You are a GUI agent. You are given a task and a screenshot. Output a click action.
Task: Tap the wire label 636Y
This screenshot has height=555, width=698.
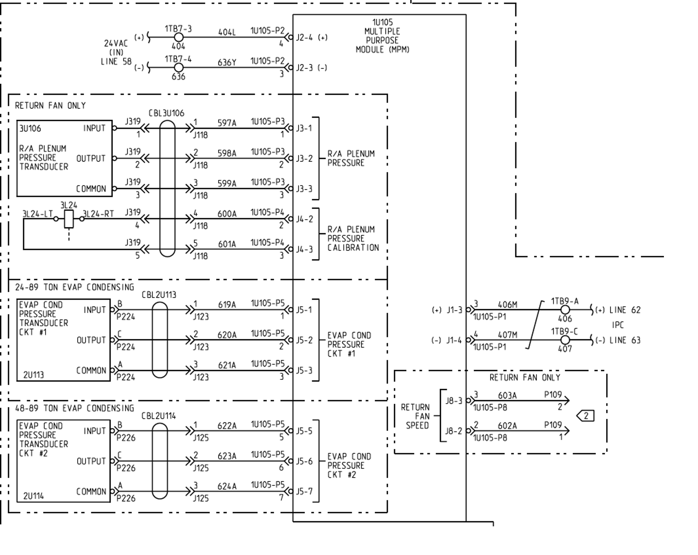tap(227, 62)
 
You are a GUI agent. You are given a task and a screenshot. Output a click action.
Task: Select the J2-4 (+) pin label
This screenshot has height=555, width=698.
tap(311, 37)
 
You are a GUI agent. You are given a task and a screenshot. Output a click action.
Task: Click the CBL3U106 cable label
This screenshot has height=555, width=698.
tap(166, 113)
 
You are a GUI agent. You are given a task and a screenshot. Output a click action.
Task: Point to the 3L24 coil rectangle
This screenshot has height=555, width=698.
tap(69, 219)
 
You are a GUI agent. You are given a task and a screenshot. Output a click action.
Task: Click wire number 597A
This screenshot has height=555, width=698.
tap(227, 123)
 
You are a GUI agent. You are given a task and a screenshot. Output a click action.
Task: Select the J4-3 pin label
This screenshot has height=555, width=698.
tap(304, 249)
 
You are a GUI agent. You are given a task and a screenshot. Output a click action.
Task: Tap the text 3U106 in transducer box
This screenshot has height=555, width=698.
tap(30, 129)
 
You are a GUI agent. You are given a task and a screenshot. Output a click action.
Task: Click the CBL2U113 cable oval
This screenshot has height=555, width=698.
tap(160, 340)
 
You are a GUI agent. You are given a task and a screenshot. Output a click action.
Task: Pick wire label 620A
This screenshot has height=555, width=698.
tap(227, 335)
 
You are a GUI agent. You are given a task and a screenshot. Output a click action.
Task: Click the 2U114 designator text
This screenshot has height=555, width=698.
tap(33, 496)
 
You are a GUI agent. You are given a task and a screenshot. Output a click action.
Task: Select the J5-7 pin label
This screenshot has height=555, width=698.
tap(304, 492)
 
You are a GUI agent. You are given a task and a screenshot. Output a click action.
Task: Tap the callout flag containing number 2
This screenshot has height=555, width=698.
tap(586, 416)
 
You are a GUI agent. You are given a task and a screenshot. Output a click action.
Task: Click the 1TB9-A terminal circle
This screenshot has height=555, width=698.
tap(565, 310)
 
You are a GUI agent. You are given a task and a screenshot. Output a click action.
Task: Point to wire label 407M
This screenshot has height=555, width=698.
tap(507, 335)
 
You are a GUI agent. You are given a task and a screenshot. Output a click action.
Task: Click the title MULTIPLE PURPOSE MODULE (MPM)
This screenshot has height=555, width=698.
tap(382, 36)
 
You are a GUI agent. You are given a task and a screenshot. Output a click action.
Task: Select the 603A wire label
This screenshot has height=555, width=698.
tap(507, 395)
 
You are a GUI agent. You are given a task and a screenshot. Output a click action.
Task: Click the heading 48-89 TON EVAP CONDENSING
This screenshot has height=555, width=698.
tap(75, 408)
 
